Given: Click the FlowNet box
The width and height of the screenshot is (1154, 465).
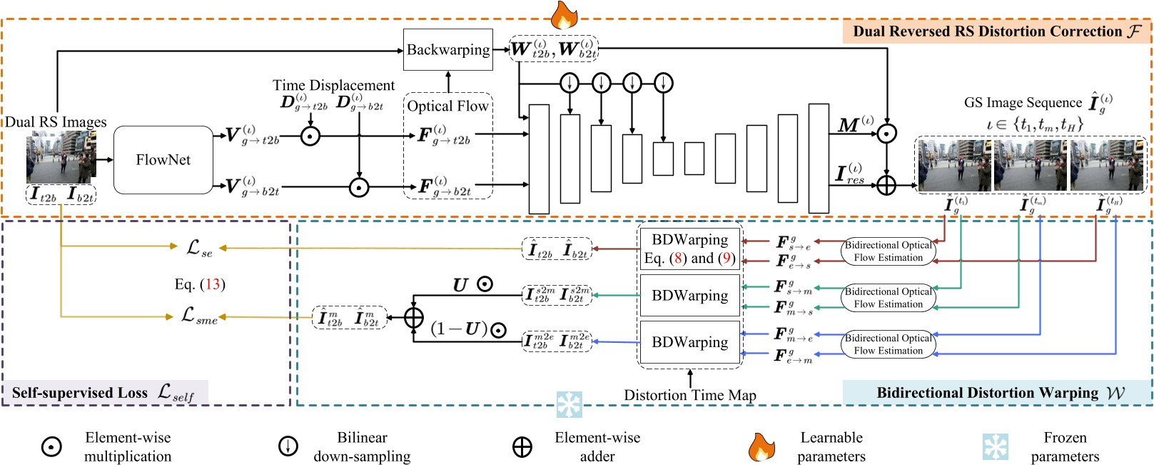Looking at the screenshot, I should [163, 160].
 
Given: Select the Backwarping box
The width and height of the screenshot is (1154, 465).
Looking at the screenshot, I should [448, 50].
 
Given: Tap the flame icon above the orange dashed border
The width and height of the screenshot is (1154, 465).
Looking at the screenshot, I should [564, 14].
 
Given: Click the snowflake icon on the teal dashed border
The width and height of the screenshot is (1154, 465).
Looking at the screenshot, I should [570, 404].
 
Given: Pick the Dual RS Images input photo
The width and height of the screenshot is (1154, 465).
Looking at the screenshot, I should [60, 158].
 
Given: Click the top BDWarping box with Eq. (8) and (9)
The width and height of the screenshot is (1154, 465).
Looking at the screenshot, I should [689, 249].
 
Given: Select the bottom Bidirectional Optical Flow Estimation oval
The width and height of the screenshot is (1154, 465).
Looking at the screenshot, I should [889, 344].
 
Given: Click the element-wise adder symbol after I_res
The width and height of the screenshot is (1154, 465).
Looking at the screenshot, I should [886, 186].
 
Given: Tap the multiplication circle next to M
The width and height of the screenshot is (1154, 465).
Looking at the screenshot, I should [886, 133].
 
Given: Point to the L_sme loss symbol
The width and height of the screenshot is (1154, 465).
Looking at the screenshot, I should [199, 316].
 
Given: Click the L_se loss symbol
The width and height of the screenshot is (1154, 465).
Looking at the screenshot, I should [199, 248].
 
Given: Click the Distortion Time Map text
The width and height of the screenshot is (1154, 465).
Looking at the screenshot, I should [689, 395].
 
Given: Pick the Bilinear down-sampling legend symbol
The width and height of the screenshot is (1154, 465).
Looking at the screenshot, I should [288, 446].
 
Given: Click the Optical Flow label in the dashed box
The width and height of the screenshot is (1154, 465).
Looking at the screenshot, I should [447, 106].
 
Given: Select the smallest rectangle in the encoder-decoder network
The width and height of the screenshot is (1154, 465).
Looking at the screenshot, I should [694, 159].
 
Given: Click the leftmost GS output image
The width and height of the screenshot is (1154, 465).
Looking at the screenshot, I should [953, 165].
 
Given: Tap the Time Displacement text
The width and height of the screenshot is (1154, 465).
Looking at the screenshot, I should [333, 86].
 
